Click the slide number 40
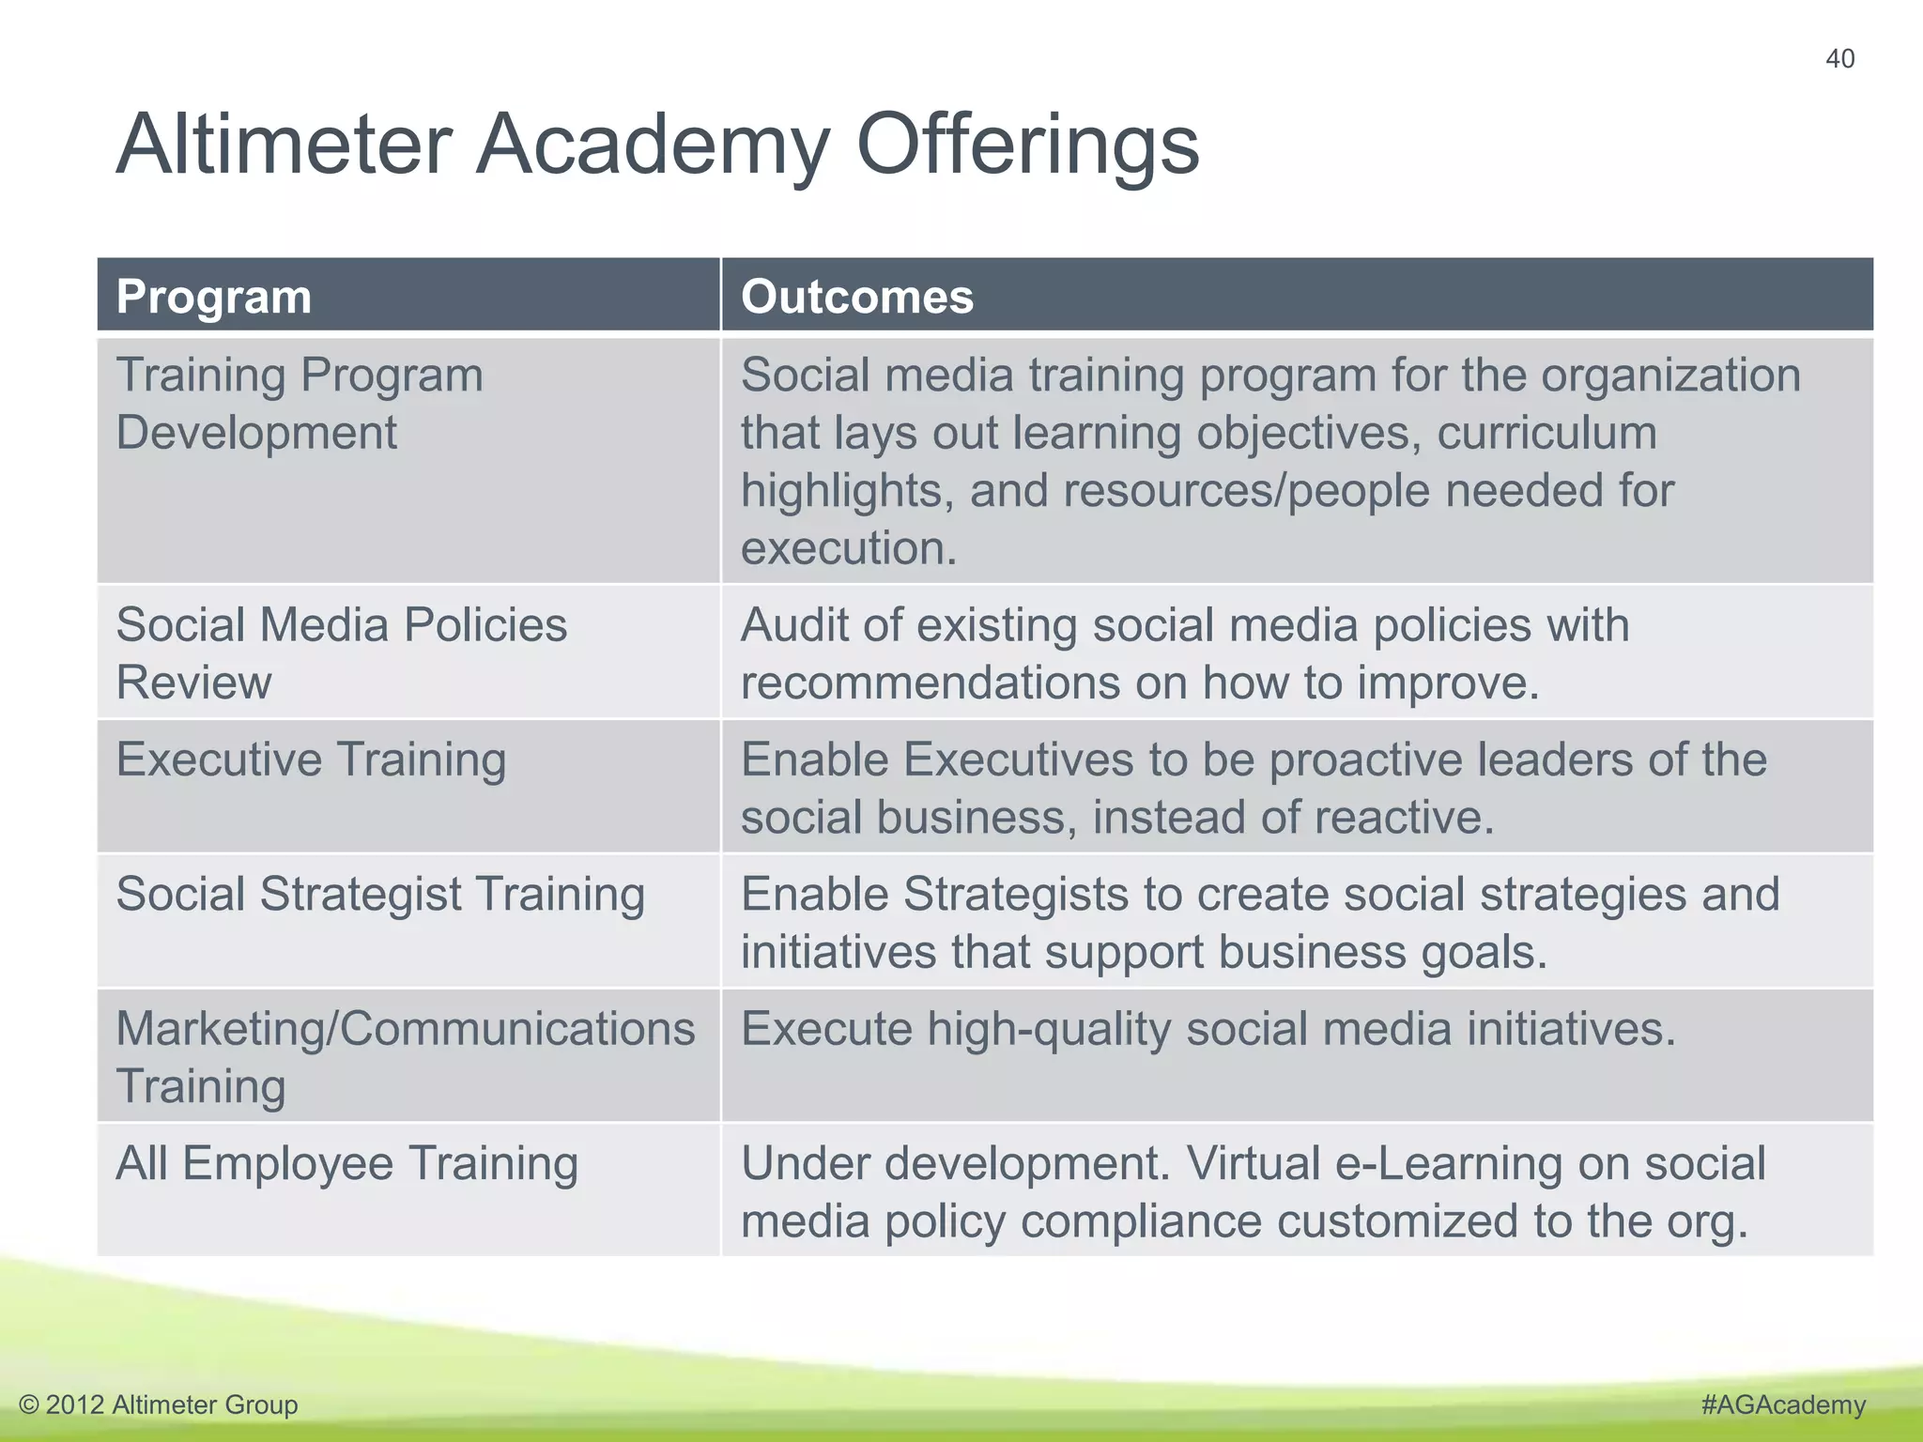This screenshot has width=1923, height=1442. click(x=1839, y=59)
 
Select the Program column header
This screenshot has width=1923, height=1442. click(x=214, y=297)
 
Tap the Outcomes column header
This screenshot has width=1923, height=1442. click(x=857, y=297)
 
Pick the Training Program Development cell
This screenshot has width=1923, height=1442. click(x=300, y=404)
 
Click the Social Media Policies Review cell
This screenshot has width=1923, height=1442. click(x=341, y=653)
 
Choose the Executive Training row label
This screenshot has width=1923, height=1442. click(x=311, y=759)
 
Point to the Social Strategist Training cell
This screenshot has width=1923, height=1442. click(x=380, y=894)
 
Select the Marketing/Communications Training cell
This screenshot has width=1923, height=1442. click(x=405, y=1056)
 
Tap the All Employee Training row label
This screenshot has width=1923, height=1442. click(x=346, y=1163)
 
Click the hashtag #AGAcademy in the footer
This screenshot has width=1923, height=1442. click(x=1783, y=1404)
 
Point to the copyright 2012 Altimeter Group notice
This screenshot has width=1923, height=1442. click(x=159, y=1404)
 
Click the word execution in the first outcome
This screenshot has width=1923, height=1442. click(x=848, y=548)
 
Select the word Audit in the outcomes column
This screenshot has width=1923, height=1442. click(x=794, y=625)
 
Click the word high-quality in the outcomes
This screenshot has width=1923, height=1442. click(x=1049, y=1030)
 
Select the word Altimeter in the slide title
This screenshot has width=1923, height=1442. click(x=285, y=145)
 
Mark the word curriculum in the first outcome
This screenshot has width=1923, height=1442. click(x=1546, y=434)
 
